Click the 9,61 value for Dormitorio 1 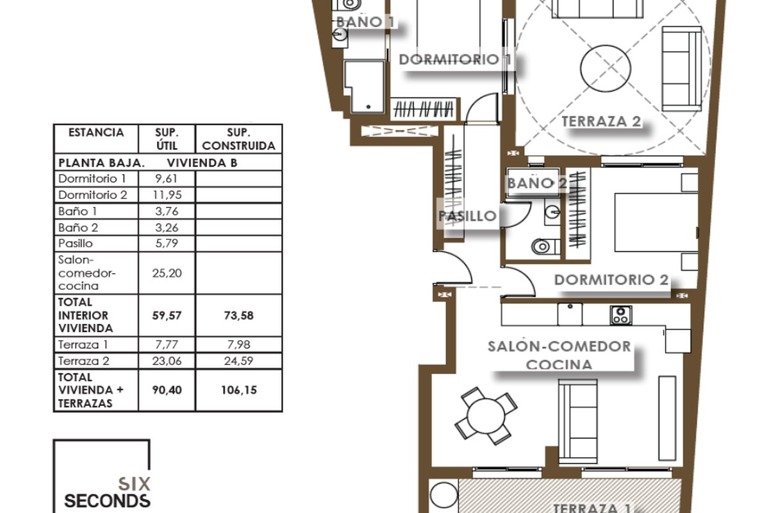tap(167, 179)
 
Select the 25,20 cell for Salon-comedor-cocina tap(167, 273)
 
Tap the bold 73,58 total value tap(238, 315)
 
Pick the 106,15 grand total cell tap(238, 390)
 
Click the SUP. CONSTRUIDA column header tap(238, 139)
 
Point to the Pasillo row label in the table tap(76, 243)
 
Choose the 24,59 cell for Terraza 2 tap(238, 361)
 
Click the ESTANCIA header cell tap(96, 133)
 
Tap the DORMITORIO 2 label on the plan tap(611, 280)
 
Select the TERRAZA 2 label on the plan tap(601, 121)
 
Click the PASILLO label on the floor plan tap(467, 216)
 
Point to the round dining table tap(486, 416)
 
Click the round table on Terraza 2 tap(606, 69)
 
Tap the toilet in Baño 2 tap(545, 246)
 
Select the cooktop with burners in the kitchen tap(621, 315)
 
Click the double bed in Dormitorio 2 tap(656, 223)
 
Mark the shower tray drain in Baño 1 tap(368, 107)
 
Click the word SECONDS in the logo tap(107, 501)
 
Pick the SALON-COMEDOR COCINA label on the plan tap(559, 355)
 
